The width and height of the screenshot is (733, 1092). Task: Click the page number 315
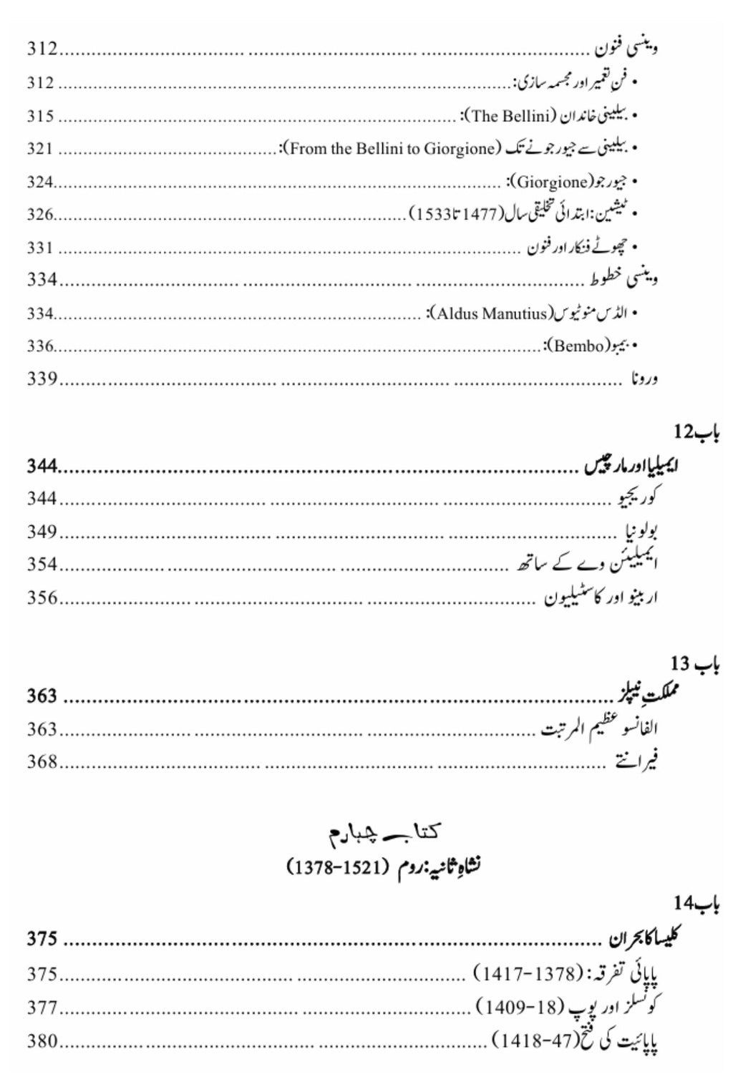click(41, 116)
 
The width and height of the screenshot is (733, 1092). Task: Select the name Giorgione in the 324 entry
click(551, 182)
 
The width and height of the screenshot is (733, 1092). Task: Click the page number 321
click(41, 149)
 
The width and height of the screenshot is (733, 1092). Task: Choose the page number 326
click(41, 215)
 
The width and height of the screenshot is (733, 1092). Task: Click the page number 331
click(41, 248)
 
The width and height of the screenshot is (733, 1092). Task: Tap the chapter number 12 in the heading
click(684, 433)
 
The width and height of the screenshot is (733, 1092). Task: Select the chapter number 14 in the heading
click(684, 903)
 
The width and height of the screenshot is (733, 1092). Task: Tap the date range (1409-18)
click(520, 1008)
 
